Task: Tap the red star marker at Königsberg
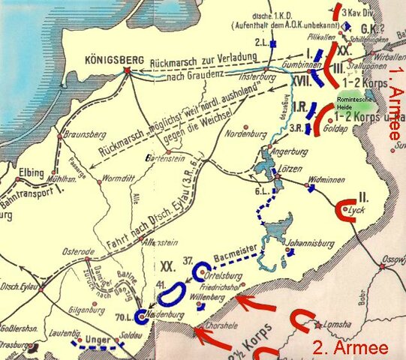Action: [x=128, y=72]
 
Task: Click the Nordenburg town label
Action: [x=251, y=136]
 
